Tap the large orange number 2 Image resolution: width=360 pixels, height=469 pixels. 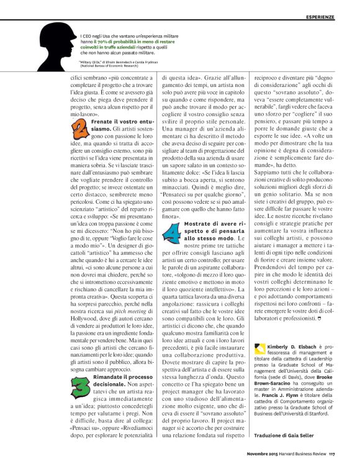point(81,129)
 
